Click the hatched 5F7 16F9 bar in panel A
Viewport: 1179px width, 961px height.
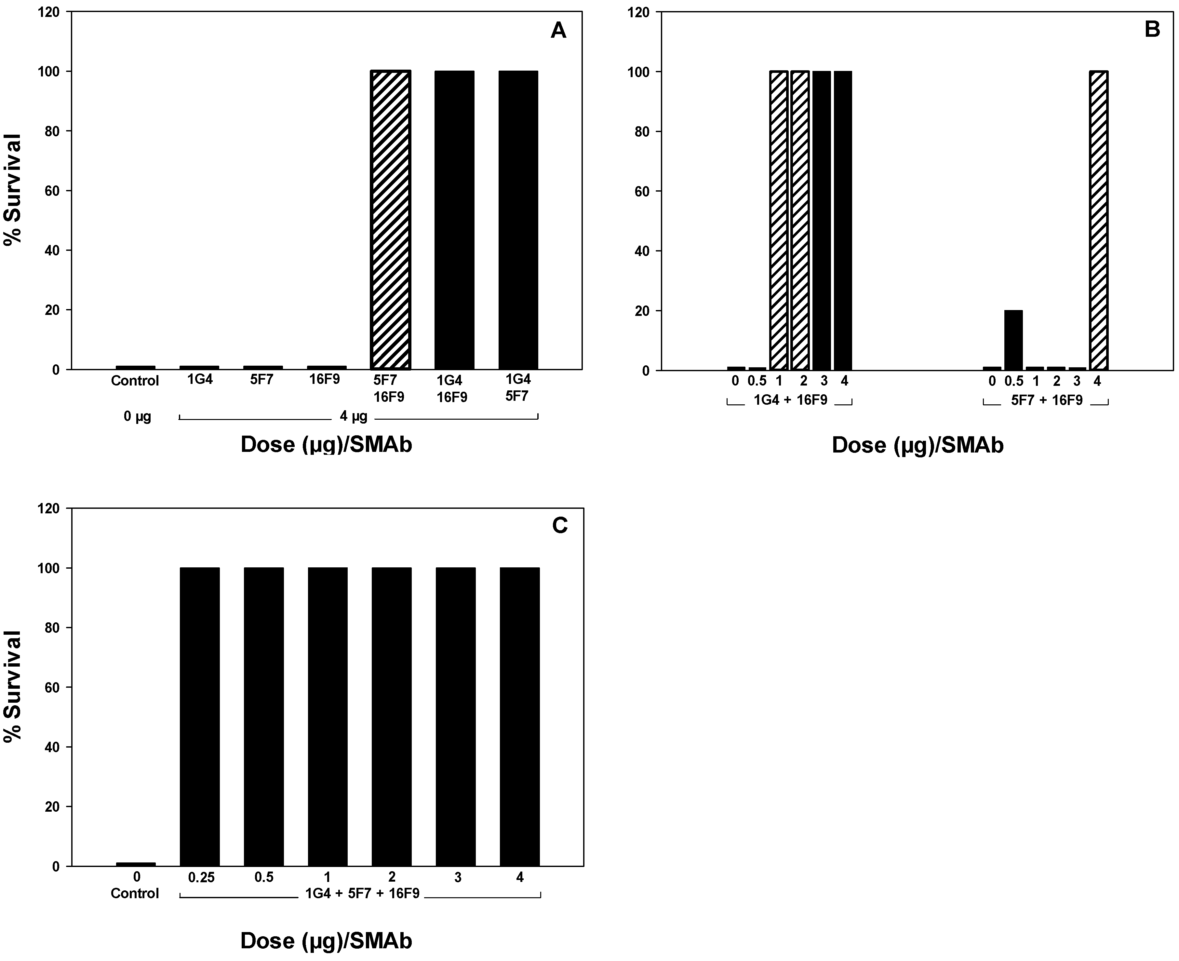click(390, 220)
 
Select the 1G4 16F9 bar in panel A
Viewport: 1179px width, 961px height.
click(454, 220)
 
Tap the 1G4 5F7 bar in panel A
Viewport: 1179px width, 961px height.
click(518, 220)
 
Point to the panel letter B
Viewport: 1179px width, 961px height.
click(1152, 29)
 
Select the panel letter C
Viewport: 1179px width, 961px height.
click(560, 525)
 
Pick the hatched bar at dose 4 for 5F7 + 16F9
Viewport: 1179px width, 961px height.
click(1098, 220)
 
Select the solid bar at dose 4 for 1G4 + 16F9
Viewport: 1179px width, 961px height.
click(842, 220)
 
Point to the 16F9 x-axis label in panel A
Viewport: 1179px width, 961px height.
click(324, 380)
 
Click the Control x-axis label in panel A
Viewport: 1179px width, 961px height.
click(135, 381)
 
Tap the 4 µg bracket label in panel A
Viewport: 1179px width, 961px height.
click(353, 416)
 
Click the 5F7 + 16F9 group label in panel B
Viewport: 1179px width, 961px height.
click(1046, 400)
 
